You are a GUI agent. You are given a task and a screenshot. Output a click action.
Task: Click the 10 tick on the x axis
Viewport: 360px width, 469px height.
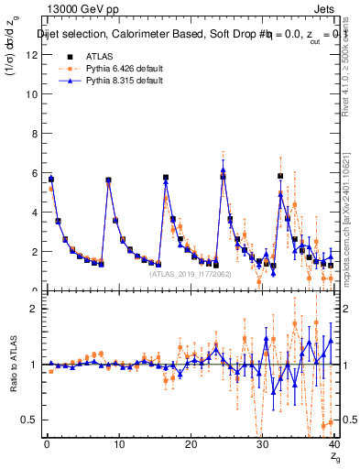click(x=118, y=446)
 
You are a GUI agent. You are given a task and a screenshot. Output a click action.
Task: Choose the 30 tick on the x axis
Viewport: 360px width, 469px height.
click(x=262, y=446)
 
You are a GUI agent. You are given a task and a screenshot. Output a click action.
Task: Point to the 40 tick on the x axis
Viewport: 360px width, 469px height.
click(x=333, y=446)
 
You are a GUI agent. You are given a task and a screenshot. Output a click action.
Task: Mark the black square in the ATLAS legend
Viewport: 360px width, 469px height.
click(x=51, y=55)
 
